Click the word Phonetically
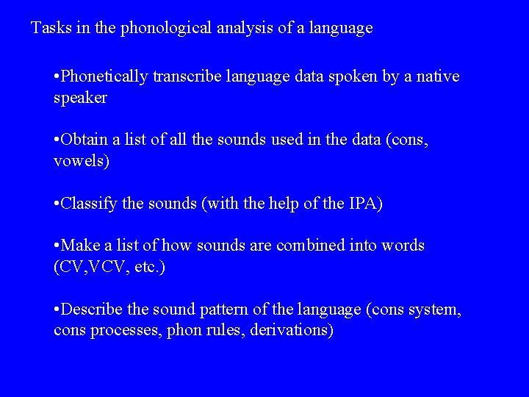[105, 76]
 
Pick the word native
[438, 76]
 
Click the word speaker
[80, 98]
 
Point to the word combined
[309, 246]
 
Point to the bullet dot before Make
[57, 246]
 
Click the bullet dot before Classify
[57, 204]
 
